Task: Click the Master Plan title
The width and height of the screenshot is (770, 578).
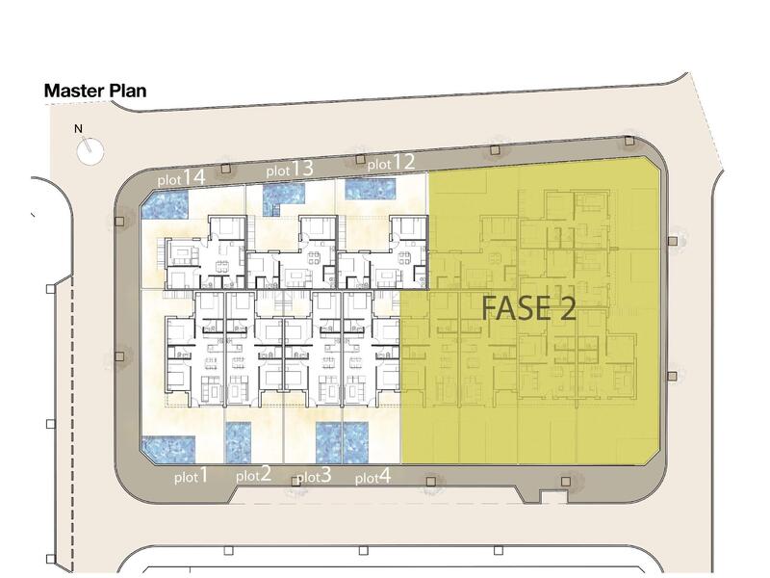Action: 94,92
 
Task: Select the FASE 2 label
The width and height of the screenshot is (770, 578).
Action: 528,308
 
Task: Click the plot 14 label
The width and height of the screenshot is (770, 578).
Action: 182,178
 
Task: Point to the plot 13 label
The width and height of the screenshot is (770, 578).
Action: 290,170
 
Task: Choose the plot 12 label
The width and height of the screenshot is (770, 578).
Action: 391,162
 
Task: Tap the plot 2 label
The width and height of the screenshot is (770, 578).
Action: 252,474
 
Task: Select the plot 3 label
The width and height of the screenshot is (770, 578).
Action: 314,476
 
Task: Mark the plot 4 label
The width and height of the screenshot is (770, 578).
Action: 372,476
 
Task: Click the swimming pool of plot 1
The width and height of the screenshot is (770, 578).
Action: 168,448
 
